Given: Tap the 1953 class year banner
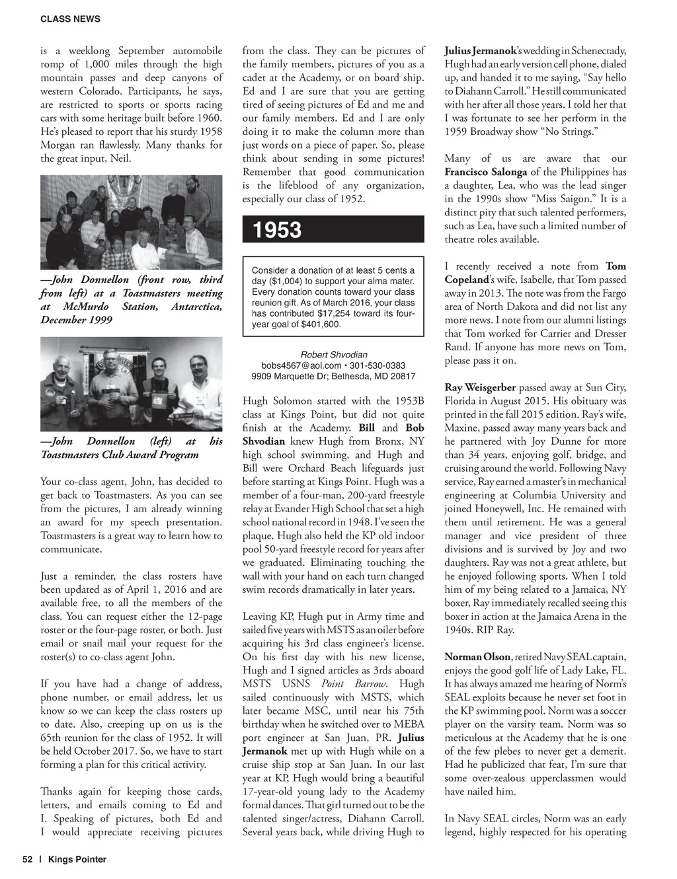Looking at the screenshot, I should point(276,230).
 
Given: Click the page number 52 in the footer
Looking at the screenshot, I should point(28,859).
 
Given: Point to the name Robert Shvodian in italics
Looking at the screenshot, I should point(334,354).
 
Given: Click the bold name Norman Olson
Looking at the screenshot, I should point(477,657).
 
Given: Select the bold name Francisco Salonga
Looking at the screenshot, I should point(486,172).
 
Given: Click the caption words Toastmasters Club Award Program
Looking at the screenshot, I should point(120,455).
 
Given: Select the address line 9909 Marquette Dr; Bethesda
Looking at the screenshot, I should point(333,377).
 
